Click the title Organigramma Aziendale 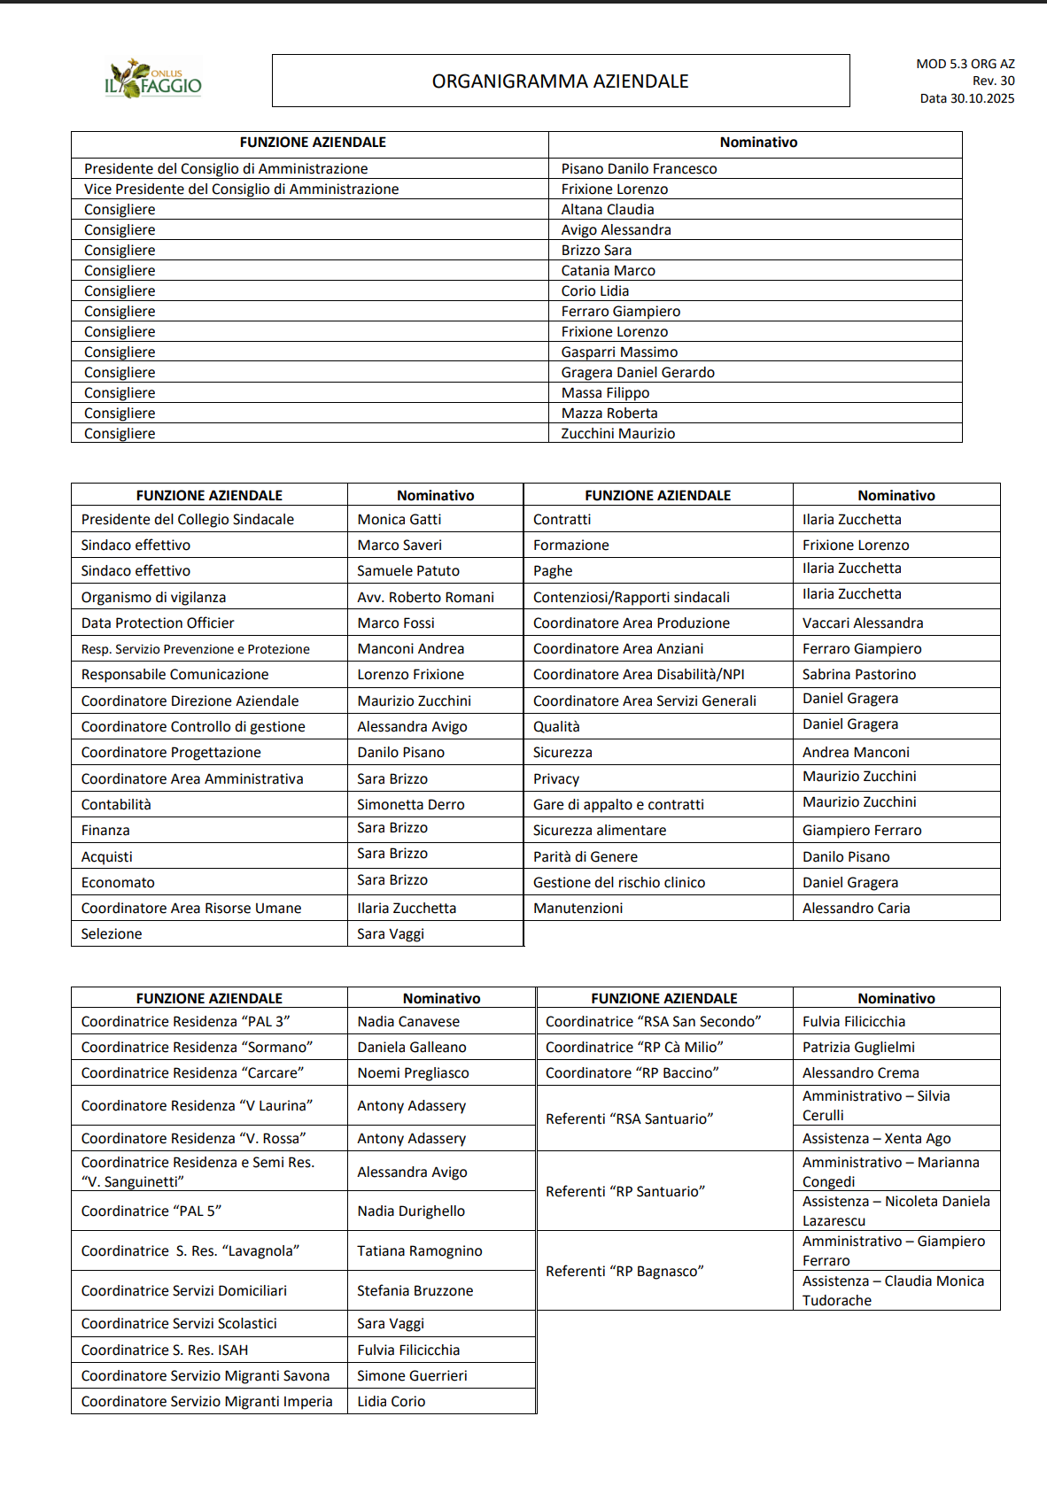click(560, 81)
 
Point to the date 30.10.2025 click(966, 98)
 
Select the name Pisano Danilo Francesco click(639, 168)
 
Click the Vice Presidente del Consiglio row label click(241, 189)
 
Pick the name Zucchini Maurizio click(617, 433)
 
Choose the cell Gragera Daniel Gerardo click(637, 372)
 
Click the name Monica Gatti click(399, 519)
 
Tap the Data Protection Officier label click(158, 623)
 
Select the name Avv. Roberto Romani click(425, 597)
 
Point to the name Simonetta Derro click(410, 804)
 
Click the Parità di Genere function click(585, 856)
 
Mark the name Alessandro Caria click(856, 908)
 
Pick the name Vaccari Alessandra click(862, 623)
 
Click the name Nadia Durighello click(410, 1211)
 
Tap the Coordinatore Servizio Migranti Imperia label click(206, 1401)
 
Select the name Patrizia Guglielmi click(857, 1047)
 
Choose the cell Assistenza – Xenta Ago click(876, 1138)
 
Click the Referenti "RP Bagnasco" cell click(624, 1271)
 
